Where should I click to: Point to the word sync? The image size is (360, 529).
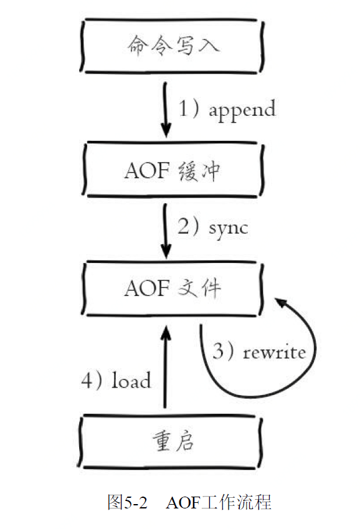pyautogui.click(x=229, y=229)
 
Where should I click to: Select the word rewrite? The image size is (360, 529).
pyautogui.click(x=274, y=352)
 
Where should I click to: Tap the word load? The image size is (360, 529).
pyautogui.click(x=131, y=380)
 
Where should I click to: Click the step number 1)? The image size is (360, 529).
pyautogui.click(x=189, y=108)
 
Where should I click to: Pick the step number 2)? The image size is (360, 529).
pyautogui.click(x=189, y=226)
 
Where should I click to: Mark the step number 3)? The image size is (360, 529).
pyautogui.click(x=223, y=351)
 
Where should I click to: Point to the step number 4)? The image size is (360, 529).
pyautogui.click(x=92, y=380)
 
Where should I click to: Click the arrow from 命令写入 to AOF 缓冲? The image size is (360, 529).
pyautogui.click(x=165, y=110)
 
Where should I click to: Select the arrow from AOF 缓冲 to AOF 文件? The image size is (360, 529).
pyautogui.click(x=165, y=231)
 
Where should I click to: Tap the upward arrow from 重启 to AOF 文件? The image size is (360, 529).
pyautogui.click(x=165, y=367)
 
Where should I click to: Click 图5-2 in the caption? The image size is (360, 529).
pyautogui.click(x=127, y=502)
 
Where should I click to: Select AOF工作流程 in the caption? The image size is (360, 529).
pyautogui.click(x=218, y=502)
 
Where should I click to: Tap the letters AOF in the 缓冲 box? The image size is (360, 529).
pyautogui.click(x=147, y=170)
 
